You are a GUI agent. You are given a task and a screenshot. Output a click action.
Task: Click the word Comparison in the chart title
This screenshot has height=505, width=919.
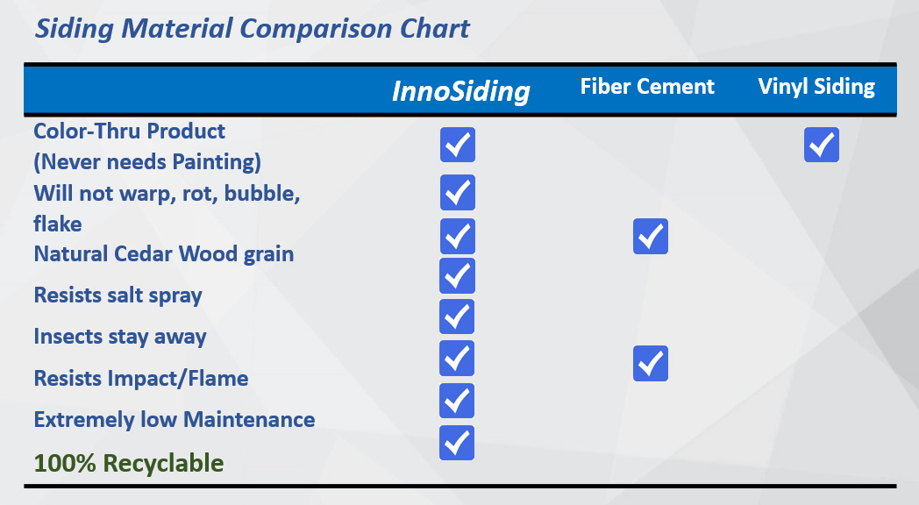316,29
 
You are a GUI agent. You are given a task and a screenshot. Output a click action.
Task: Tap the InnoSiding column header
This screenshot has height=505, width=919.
461,91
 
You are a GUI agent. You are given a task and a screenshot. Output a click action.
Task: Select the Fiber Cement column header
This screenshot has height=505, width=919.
647,87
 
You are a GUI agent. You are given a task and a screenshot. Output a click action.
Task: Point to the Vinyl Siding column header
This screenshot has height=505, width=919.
816,88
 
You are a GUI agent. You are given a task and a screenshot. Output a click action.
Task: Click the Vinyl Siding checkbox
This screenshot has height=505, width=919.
821,145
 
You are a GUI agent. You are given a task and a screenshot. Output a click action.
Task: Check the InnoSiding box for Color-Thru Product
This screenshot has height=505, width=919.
458,145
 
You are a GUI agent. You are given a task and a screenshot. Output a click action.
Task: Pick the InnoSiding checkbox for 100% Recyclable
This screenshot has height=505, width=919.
457,443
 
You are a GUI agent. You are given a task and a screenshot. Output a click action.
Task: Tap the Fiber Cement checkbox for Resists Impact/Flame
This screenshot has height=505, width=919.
651,363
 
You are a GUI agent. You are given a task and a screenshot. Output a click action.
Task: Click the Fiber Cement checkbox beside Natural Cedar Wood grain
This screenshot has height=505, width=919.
651,236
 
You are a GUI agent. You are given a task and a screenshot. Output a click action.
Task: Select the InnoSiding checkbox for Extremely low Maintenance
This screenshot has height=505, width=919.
457,401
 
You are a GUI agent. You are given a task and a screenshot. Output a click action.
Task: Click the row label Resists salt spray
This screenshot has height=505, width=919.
118,295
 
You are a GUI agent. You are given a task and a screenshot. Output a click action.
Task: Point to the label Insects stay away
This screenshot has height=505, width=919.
120,337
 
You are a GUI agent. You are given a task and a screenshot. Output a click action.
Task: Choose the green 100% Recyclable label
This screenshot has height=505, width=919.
129,464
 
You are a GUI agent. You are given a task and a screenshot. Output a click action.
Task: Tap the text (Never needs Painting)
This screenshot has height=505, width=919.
147,162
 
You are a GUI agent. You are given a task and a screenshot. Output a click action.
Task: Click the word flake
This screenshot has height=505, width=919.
58,224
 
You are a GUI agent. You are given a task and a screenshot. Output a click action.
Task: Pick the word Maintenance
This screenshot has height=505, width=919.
249,419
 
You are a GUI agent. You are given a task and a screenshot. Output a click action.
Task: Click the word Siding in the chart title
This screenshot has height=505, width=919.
74,29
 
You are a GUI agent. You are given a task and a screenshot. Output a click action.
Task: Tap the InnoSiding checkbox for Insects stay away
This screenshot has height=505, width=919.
457,317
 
